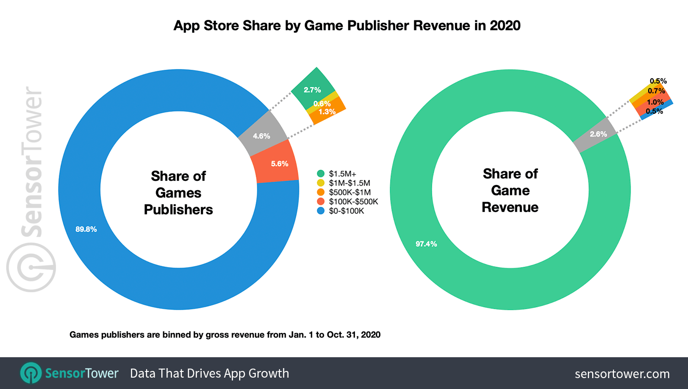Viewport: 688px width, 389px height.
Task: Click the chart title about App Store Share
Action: pyautogui.click(x=347, y=25)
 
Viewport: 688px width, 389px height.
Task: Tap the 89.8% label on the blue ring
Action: pyautogui.click(x=86, y=229)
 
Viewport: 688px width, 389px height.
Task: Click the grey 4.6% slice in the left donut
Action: pyautogui.click(x=262, y=135)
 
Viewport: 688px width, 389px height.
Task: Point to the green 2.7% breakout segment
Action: pyautogui.click(x=313, y=89)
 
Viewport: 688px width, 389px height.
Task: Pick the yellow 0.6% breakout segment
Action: pyautogui.click(x=322, y=103)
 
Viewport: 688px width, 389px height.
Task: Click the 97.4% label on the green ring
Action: pyautogui.click(x=413, y=244)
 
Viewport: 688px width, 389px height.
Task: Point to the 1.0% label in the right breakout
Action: pyautogui.click(x=655, y=101)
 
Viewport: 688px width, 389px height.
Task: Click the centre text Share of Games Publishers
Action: pyautogui.click(x=178, y=193)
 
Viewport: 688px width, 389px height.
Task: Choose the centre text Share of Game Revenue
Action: pyautogui.click(x=510, y=190)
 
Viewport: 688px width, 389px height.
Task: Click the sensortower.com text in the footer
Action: pyautogui.click(x=622, y=374)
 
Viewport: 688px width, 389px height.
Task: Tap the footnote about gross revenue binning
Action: pyautogui.click(x=225, y=334)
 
